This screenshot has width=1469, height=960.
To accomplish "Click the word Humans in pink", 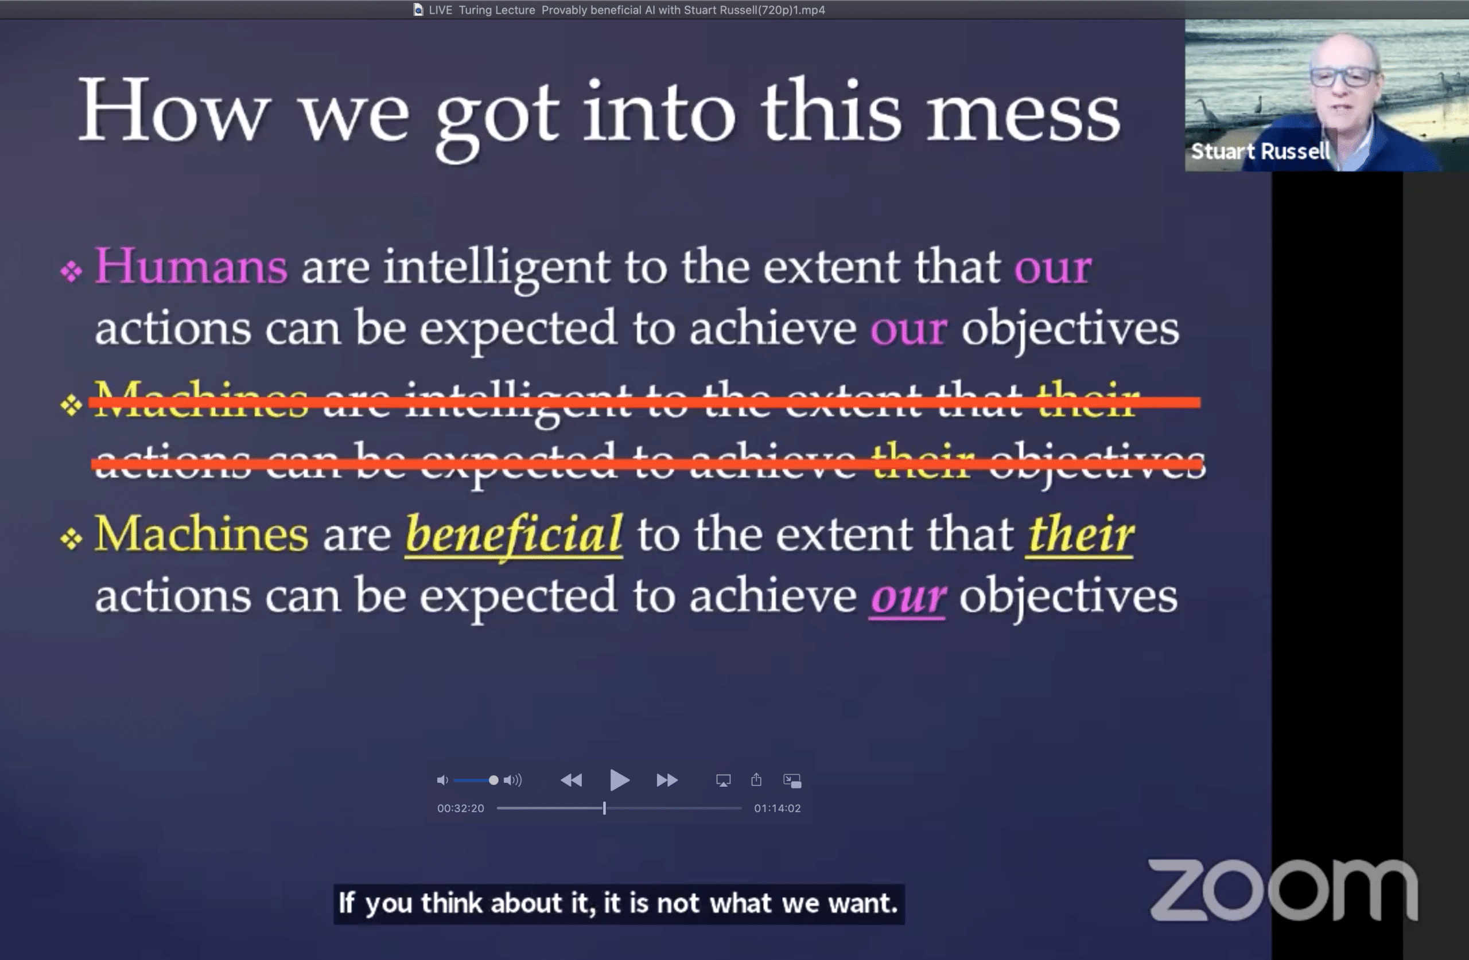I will pos(191,267).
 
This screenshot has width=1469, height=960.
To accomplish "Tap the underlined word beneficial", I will pos(514,534).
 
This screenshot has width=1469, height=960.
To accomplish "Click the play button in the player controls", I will pos(619,781).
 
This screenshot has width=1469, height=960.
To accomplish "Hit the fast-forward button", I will pos(667,781).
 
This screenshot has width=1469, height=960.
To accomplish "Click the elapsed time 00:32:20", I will pos(460,808).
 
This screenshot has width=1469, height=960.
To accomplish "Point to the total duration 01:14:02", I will pos(777,808).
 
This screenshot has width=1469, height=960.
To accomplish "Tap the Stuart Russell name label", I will pos(1260,151).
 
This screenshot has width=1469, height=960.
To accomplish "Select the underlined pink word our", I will pos(907,597).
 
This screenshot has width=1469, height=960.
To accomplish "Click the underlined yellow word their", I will pos(1080,534).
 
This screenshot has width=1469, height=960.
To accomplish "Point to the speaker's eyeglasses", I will pos(1344,77).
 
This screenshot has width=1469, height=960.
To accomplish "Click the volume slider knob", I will pos(493,781).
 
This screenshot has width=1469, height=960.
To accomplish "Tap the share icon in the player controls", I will pos(756,780).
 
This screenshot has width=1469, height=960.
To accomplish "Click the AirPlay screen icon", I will pos(724,781).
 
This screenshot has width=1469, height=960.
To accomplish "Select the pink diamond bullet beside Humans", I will pos(72,271).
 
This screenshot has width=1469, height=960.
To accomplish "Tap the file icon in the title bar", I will pos(418,10).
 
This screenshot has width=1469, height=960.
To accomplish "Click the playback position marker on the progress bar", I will pos(604,808).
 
